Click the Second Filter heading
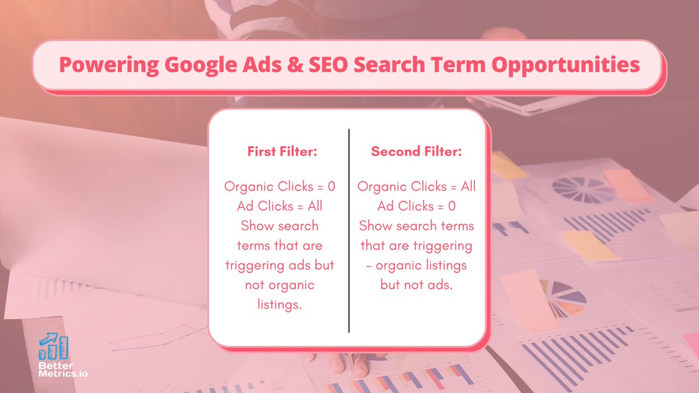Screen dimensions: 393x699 [416, 151]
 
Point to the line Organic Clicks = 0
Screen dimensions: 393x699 [280, 187]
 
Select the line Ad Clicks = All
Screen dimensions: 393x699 [280, 206]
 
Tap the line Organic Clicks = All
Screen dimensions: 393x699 [416, 187]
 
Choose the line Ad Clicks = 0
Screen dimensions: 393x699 [416, 206]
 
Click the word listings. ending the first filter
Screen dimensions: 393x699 [280, 305]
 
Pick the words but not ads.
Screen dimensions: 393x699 [416, 285]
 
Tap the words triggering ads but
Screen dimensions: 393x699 [280, 265]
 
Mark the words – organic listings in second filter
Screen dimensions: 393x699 [416, 265]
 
